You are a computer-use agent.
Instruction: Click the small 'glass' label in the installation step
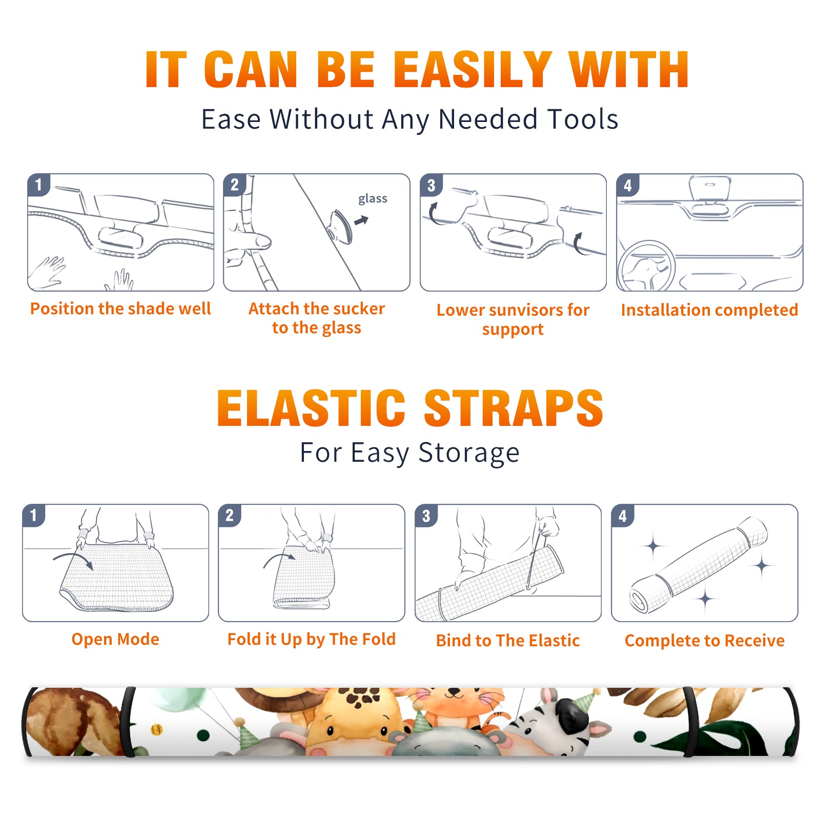373,199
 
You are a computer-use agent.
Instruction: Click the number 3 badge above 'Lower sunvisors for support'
431,185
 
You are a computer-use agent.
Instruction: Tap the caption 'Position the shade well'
120,309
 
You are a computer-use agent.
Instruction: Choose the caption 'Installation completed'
709,310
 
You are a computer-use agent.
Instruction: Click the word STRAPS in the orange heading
514,408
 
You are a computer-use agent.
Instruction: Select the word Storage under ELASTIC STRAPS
469,453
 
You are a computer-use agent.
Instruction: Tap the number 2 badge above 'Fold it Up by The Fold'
230,515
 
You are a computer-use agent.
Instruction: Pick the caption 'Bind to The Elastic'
507,641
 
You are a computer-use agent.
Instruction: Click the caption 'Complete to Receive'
704,641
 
